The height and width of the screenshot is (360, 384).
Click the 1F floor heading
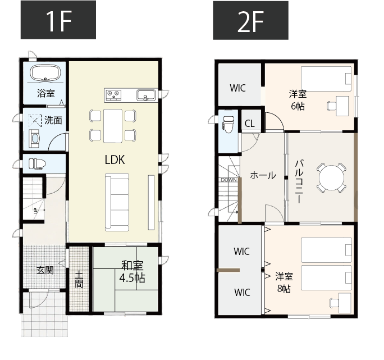tap(58, 20)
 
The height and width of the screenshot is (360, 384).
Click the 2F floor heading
tap(250, 20)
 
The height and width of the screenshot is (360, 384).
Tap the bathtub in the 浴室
tap(45, 72)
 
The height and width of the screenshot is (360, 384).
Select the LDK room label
tap(115, 160)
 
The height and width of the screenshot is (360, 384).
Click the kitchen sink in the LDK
tap(146, 95)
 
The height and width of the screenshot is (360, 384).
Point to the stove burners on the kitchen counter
tap(114, 95)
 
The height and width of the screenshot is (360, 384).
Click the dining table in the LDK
tap(113, 126)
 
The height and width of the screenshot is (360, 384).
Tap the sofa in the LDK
tap(117, 202)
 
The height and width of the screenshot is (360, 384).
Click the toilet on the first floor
tap(37, 163)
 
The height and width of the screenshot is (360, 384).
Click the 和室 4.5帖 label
tap(132, 272)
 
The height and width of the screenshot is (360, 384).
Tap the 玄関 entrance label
tap(45, 270)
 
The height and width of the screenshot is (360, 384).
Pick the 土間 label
tap(79, 279)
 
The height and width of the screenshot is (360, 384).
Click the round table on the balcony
tap(331, 177)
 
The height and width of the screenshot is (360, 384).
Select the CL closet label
tap(250, 124)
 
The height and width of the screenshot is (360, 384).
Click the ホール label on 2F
tap(263, 175)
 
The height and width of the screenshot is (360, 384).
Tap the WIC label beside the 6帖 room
tap(238, 88)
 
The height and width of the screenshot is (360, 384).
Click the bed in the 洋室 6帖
tap(326, 79)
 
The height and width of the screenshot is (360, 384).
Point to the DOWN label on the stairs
tap(229, 180)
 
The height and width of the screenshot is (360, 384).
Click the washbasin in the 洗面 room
tap(34, 139)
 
